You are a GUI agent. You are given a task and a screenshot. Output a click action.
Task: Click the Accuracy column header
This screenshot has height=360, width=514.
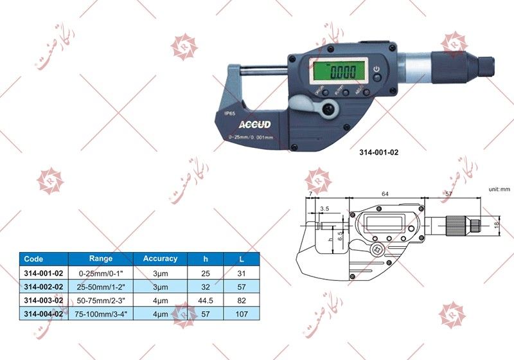[160, 259]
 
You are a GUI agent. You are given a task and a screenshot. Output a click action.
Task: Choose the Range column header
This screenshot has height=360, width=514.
[100, 259]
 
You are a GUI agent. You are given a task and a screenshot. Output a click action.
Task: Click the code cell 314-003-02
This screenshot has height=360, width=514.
[43, 299]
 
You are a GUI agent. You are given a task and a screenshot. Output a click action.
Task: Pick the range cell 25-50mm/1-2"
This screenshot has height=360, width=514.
[100, 285]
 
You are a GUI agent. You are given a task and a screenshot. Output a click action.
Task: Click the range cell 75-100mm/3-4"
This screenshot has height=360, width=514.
[100, 313]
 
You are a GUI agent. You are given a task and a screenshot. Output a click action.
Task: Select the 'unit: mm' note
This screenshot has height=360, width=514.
[497, 190]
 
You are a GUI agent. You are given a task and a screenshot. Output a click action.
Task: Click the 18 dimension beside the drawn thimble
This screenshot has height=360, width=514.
[497, 225]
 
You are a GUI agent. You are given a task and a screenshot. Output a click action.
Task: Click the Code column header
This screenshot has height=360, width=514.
[33, 259]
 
